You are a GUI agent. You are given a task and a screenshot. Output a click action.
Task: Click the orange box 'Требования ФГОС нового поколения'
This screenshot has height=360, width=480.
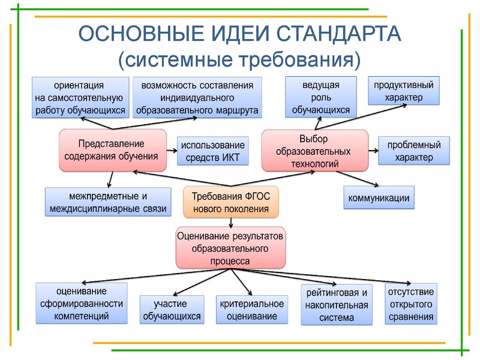pyautogui.click(x=231, y=202)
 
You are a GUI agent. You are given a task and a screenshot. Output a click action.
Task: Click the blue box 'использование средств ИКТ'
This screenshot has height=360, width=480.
pyautogui.click(x=212, y=151)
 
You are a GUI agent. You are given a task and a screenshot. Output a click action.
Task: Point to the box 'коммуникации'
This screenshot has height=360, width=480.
pyautogui.click(x=379, y=198)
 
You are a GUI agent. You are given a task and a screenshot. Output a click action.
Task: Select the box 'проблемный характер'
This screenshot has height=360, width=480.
pyautogui.click(x=414, y=151)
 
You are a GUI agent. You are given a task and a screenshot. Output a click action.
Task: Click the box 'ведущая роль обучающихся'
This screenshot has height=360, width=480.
pyautogui.click(x=320, y=97)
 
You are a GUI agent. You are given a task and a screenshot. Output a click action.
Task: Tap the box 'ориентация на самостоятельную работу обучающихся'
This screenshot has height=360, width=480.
pyautogui.click(x=80, y=97)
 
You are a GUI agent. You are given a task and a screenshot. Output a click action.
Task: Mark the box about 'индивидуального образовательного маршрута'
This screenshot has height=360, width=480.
pyautogui.click(x=197, y=97)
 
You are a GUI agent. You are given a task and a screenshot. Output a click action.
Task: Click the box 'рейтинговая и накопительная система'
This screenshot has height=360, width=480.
pyautogui.click(x=336, y=304)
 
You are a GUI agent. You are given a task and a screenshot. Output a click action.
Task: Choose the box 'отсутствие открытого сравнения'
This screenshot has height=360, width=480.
pyautogui.click(x=411, y=304)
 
